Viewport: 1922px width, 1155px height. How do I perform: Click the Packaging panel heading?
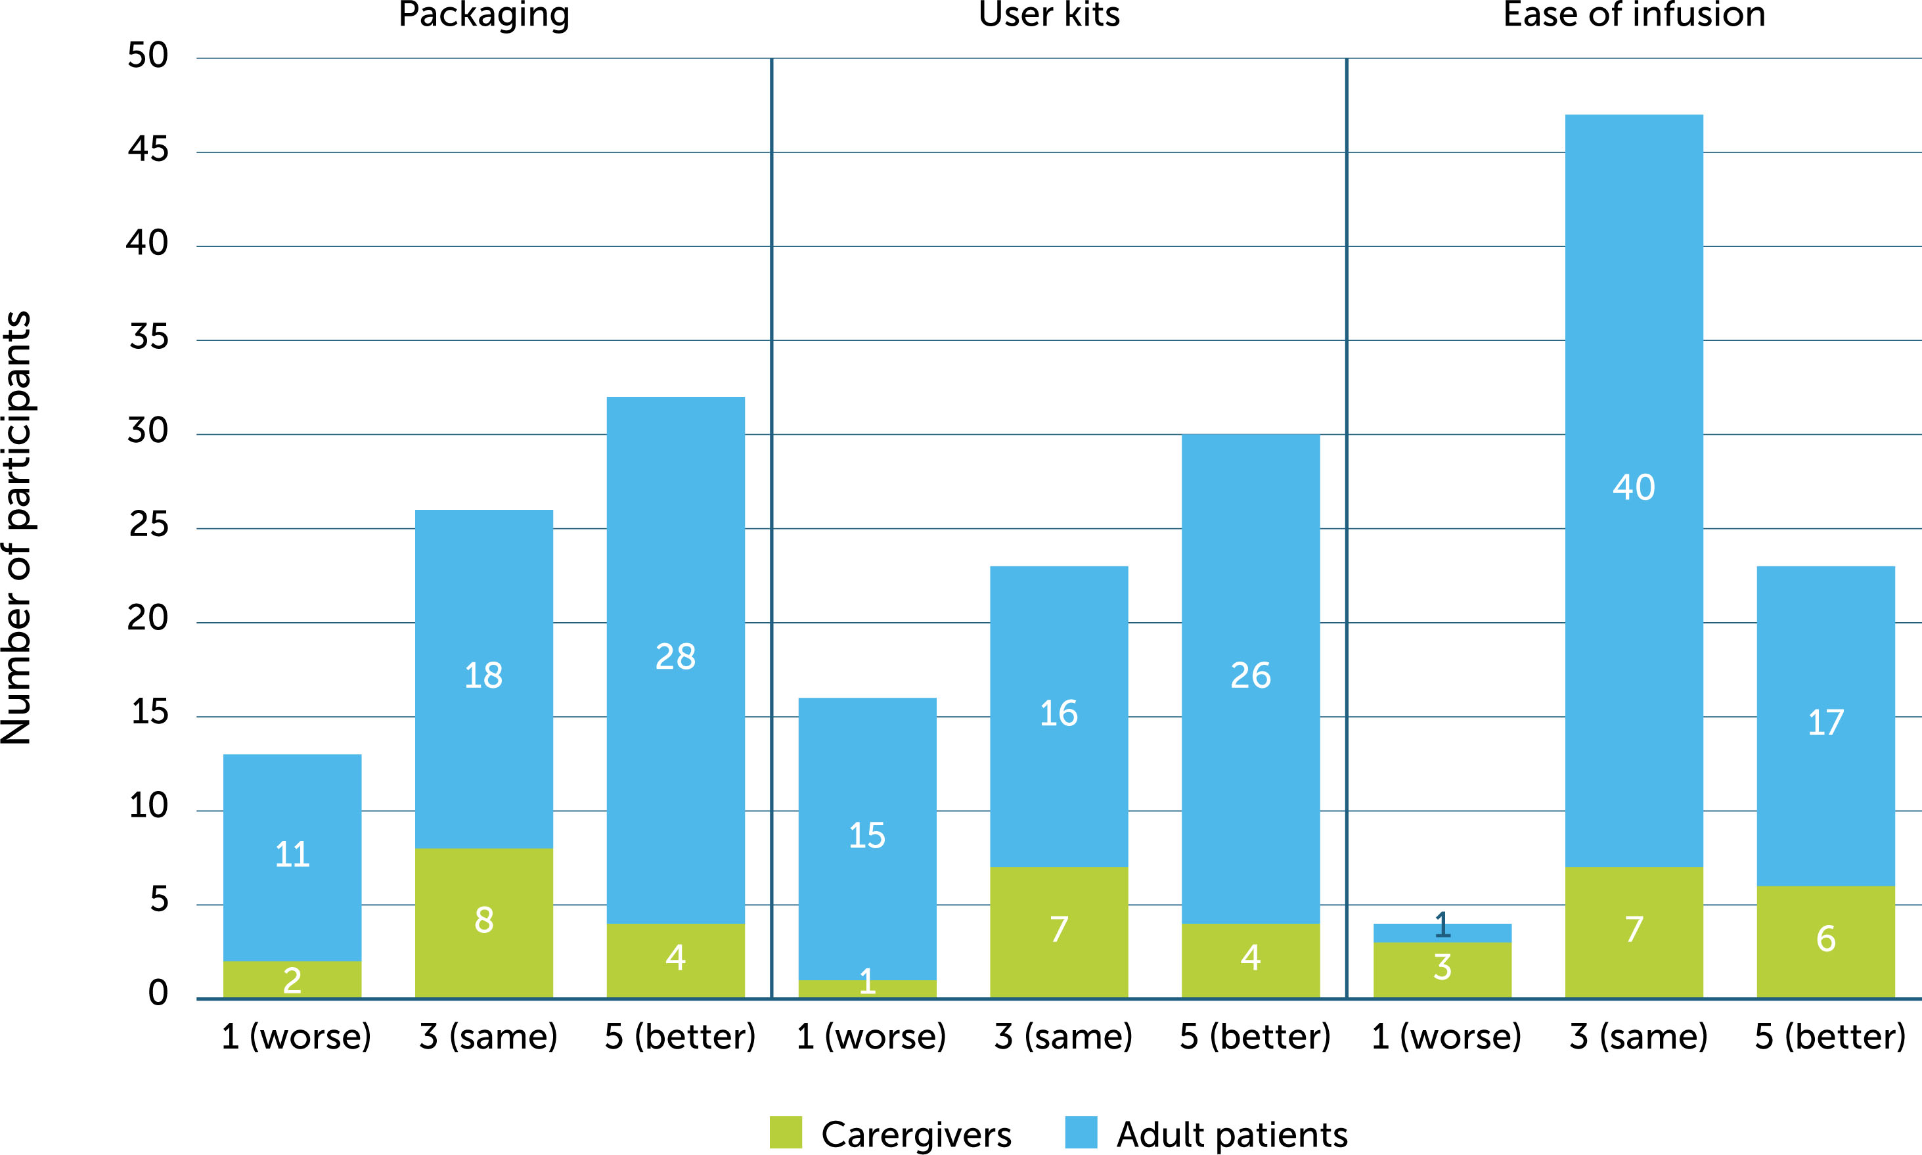pos(483,16)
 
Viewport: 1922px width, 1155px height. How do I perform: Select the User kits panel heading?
pos(1049,16)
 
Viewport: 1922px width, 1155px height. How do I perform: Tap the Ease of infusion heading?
pos(1634,16)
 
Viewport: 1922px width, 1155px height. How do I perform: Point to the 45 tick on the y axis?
pos(148,149)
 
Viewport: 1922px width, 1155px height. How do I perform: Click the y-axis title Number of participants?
pos(17,528)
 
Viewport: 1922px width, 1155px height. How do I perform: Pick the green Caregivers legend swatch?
pos(785,1133)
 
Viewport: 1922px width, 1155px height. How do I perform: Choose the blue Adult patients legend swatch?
pos(1081,1133)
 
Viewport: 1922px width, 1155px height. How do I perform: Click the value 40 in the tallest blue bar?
pos(1634,488)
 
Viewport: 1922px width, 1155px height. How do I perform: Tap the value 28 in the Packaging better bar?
pos(675,657)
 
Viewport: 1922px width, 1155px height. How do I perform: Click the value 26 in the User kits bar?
pos(1251,675)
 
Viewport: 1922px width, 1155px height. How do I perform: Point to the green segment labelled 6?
pos(1825,940)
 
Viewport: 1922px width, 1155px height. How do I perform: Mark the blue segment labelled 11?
pos(292,855)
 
